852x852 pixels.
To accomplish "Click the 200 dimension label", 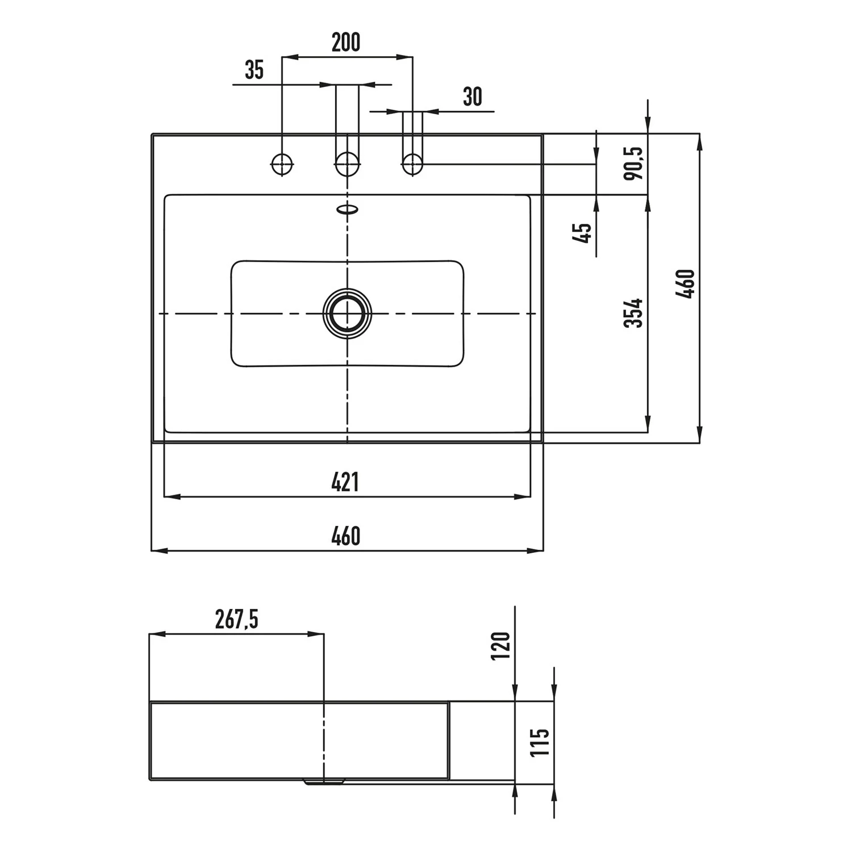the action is click(346, 43).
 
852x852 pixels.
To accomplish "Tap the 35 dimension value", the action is click(254, 70).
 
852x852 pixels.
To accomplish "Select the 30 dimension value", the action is click(473, 97).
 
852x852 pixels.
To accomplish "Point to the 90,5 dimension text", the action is click(633, 163).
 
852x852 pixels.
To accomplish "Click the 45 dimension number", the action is click(583, 232).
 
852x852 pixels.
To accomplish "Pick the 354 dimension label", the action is click(633, 313).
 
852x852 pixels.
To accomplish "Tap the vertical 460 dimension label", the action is click(686, 284).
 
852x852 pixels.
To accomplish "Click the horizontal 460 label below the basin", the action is click(346, 536).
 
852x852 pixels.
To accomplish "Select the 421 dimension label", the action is click(345, 482).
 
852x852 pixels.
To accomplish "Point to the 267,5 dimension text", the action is click(237, 619).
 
